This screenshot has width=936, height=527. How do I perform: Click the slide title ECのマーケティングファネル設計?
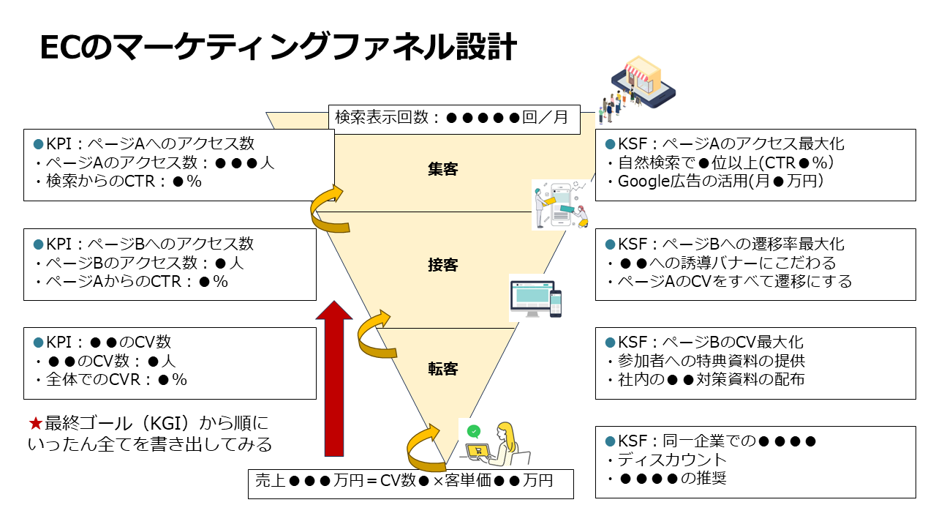pos(279,48)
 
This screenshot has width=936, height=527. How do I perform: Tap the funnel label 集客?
pos(442,169)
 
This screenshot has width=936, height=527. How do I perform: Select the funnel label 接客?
pos(442,265)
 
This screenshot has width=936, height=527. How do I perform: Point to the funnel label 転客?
pos(442,368)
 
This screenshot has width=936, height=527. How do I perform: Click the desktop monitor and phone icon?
pos(536,297)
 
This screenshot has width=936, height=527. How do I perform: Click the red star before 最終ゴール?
pos(36,424)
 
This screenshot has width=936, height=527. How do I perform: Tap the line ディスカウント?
pos(673,460)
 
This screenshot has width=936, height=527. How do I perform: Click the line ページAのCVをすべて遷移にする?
pos(731,281)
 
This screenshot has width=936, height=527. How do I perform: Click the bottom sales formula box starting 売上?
pos(410,482)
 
